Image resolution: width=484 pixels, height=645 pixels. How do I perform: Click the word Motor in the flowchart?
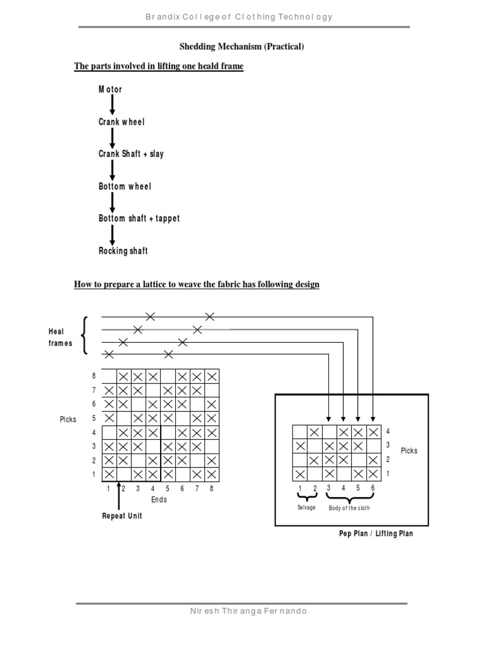pos(110,89)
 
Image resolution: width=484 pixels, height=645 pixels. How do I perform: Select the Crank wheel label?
pos(122,122)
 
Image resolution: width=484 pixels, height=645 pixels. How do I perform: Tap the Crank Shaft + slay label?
pos(130,154)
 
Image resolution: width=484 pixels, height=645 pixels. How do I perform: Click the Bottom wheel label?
pos(125,186)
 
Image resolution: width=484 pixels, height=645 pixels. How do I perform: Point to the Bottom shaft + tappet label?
pos(139,219)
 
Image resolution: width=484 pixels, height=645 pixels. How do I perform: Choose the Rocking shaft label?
pos(123,251)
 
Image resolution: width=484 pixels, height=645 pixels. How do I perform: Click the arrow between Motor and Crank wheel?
pos(112,105)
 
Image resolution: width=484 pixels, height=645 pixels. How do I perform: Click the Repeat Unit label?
pos(122,516)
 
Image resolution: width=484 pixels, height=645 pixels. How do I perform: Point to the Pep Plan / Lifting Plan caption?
pos(376,534)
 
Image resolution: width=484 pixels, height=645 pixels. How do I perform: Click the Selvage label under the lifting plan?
pos(307,507)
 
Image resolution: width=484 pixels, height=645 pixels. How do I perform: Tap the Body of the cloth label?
pos(349,507)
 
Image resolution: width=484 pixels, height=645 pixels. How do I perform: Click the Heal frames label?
pos(60,337)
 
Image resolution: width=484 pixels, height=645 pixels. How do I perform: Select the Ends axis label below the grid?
pos(159,499)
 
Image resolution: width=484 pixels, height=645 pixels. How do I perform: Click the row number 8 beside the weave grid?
pos(95,376)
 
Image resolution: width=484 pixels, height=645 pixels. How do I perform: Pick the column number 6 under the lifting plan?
pos(373,488)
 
